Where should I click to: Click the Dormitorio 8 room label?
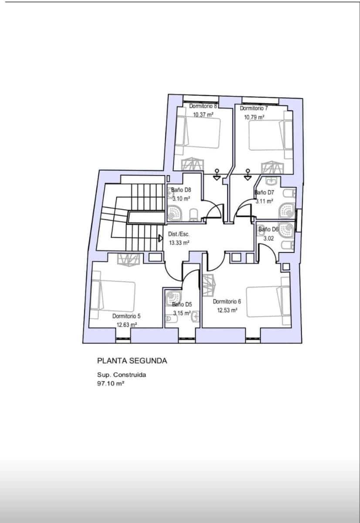coord(203,106)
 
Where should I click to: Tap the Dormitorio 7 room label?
coord(254,108)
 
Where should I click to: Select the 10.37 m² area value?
coord(203,115)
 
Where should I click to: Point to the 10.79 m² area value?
coord(254,117)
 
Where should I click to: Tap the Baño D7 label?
coord(264,192)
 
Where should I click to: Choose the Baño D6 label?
coord(268,229)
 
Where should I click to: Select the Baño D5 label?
coord(182,305)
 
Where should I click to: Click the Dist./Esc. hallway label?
coord(179,234)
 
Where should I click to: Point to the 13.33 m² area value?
coord(179,243)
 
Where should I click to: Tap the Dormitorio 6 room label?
coord(227,301)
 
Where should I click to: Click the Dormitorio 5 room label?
coord(126,316)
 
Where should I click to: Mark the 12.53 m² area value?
coord(228,310)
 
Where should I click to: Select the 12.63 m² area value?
coord(127,325)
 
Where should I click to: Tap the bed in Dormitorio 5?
coord(114,295)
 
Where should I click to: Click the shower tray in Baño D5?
coord(173,298)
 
